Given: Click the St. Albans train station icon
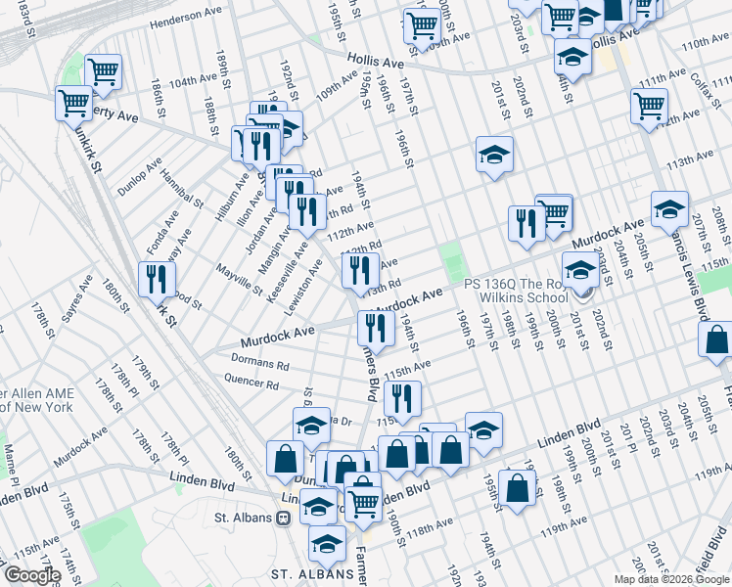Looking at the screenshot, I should point(282,518).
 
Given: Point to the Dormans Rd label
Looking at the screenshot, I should point(255,365).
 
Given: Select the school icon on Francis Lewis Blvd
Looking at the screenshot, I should point(670,208).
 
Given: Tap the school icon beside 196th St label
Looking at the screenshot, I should point(495,155).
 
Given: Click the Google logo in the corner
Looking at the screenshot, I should point(31,575).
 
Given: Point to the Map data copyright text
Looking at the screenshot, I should point(671,579).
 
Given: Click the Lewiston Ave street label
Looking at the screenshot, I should point(302,284).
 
